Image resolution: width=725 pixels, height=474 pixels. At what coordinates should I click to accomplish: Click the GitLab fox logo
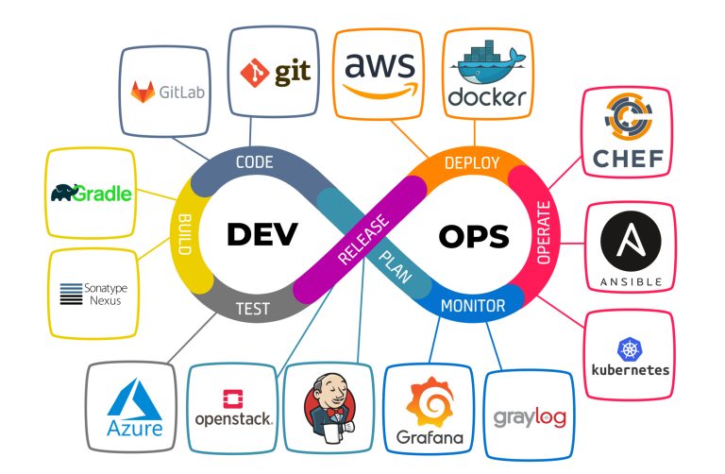[x=143, y=93]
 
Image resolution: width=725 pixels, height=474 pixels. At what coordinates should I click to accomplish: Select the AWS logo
[x=379, y=75]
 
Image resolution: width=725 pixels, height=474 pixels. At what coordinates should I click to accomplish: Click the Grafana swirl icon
[x=430, y=402]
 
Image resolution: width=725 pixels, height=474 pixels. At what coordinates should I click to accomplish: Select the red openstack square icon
[x=232, y=398]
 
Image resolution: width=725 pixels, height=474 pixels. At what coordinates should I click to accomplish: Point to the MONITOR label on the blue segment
[x=473, y=306]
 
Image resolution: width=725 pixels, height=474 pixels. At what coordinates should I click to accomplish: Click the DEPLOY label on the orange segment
[x=471, y=162]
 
